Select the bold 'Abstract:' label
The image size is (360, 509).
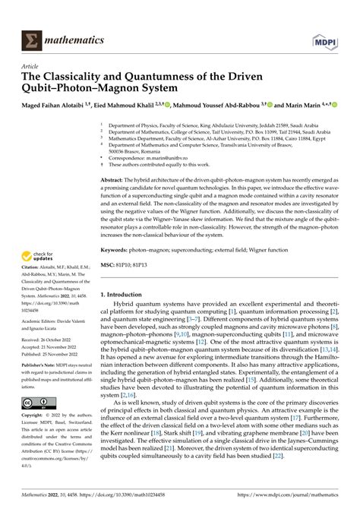[115, 180]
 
